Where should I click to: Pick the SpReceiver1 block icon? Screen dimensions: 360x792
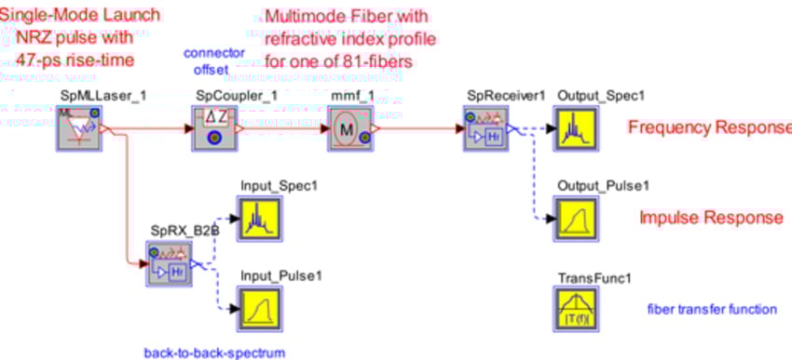click(484, 128)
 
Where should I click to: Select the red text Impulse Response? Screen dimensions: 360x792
click(711, 218)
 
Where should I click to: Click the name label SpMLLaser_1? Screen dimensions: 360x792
click(81, 96)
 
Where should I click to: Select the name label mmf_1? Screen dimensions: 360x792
click(349, 96)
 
